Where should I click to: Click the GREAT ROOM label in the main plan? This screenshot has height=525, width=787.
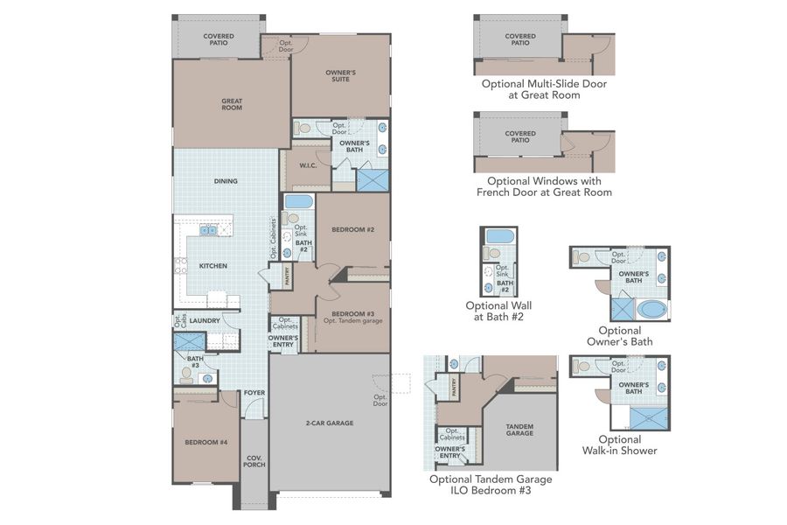pos(231,104)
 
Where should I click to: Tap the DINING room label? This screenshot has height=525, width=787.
pos(226,181)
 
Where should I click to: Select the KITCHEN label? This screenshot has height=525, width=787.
pos(212,265)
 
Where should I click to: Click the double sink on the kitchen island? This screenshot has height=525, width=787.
pos(208,231)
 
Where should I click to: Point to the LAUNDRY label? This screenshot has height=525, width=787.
pos(204,321)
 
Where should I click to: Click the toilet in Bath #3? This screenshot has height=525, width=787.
pos(186,374)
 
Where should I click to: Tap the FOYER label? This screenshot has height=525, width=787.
pos(254,392)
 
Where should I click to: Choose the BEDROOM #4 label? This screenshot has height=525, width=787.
pos(205,443)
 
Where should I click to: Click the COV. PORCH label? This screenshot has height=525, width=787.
pos(254,461)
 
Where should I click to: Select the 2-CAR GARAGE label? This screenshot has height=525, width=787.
pos(329,423)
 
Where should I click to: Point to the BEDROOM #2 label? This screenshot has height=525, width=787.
pos(352,230)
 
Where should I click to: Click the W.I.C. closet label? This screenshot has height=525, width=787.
pos(307,165)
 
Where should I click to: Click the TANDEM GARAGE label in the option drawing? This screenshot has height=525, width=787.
pos(519,430)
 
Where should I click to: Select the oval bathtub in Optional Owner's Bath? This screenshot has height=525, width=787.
pos(651,309)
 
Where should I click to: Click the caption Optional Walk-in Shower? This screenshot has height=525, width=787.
pos(619,445)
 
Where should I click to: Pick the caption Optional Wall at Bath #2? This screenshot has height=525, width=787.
pos(498,311)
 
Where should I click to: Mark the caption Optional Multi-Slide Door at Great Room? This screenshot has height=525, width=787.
pos(543,89)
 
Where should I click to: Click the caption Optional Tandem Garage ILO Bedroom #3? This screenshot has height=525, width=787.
pos(490,485)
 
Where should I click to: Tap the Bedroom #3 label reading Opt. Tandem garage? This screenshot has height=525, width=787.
pos(352,318)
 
